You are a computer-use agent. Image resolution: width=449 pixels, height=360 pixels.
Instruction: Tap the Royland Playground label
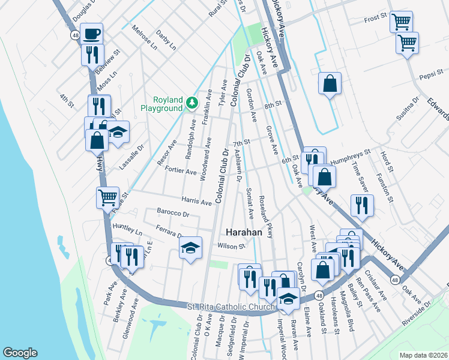pyautogui.click(x=161, y=104)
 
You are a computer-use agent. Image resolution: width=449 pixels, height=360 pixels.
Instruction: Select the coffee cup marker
pyautogui.click(x=91, y=34)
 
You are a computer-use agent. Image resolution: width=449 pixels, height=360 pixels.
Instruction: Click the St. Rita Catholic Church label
pyautogui.click(x=231, y=307)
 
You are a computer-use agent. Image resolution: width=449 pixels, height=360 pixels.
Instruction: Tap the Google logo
pyautogui.click(x=20, y=353)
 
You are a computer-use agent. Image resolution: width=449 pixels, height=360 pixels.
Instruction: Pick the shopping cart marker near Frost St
pyautogui.click(x=401, y=22)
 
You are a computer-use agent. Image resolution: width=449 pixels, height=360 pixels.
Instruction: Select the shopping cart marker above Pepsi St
pyautogui.click(x=408, y=43)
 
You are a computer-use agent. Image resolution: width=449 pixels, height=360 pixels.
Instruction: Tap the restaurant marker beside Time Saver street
pyautogui.click(x=362, y=206)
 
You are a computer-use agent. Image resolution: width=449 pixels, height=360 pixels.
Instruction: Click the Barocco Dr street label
pyautogui.click(x=173, y=213)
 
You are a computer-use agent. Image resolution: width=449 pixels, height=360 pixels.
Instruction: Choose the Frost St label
pyautogui.click(x=375, y=19)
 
